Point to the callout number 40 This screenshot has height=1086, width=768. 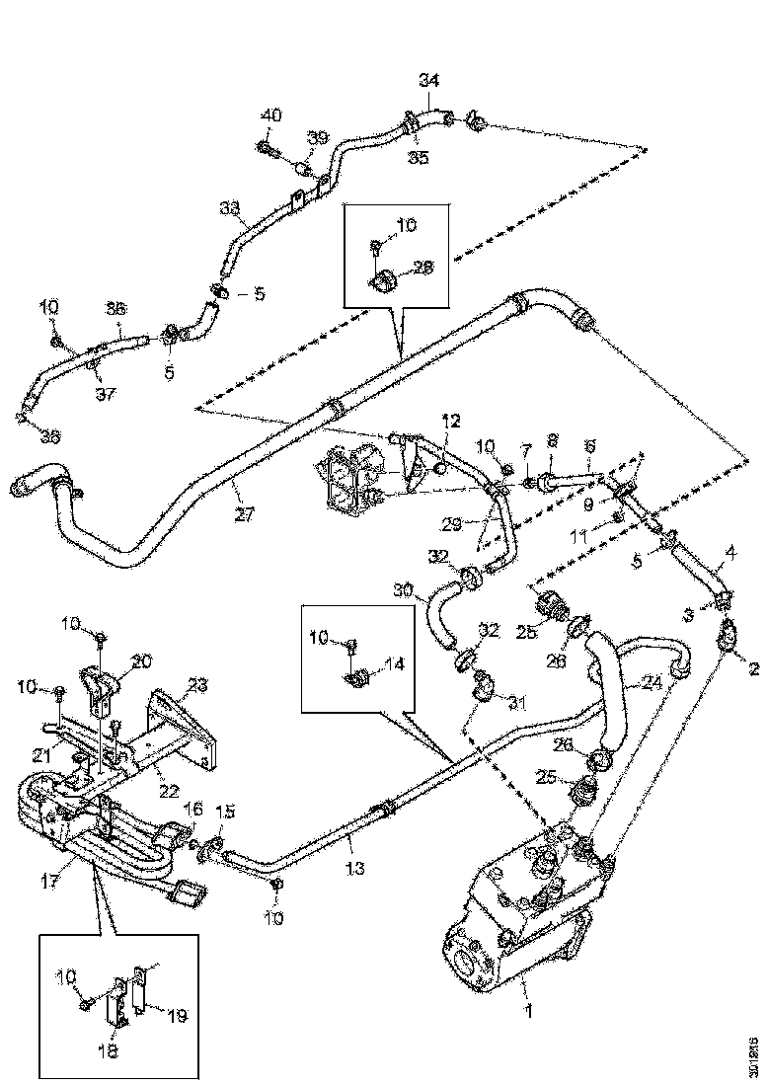(269, 116)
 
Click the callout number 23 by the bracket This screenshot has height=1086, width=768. (198, 683)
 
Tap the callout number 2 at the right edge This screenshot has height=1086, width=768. (753, 670)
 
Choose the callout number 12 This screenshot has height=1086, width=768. (450, 421)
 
